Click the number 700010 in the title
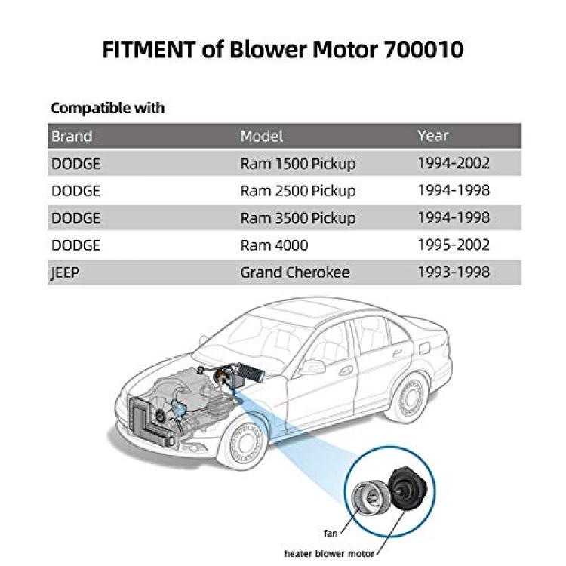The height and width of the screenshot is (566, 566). pyautogui.click(x=423, y=49)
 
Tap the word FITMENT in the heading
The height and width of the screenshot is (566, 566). pyautogui.click(x=149, y=49)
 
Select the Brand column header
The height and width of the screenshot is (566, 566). pyautogui.click(x=72, y=137)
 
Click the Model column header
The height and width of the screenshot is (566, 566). pyautogui.click(x=261, y=137)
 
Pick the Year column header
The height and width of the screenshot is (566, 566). pyautogui.click(x=433, y=136)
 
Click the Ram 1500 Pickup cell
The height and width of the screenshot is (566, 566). pyautogui.click(x=298, y=164)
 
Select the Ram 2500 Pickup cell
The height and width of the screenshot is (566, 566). pyautogui.click(x=298, y=191)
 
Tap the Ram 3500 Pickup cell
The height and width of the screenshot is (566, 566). pyautogui.click(x=298, y=218)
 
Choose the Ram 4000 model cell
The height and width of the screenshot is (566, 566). pyautogui.click(x=274, y=245)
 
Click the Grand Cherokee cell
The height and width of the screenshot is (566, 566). pyautogui.click(x=295, y=272)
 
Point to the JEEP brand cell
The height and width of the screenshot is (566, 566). pyautogui.click(x=66, y=273)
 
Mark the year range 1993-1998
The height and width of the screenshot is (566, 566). pyautogui.click(x=454, y=272)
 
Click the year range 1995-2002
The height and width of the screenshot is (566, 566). pyautogui.click(x=454, y=245)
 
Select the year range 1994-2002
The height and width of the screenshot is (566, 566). pyautogui.click(x=454, y=163)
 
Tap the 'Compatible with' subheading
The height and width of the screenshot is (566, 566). pyautogui.click(x=108, y=108)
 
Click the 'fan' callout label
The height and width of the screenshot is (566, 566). pyautogui.click(x=331, y=533)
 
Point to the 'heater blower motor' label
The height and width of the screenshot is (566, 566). pyautogui.click(x=329, y=553)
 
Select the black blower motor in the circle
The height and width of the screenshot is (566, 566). pyautogui.click(x=408, y=488)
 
